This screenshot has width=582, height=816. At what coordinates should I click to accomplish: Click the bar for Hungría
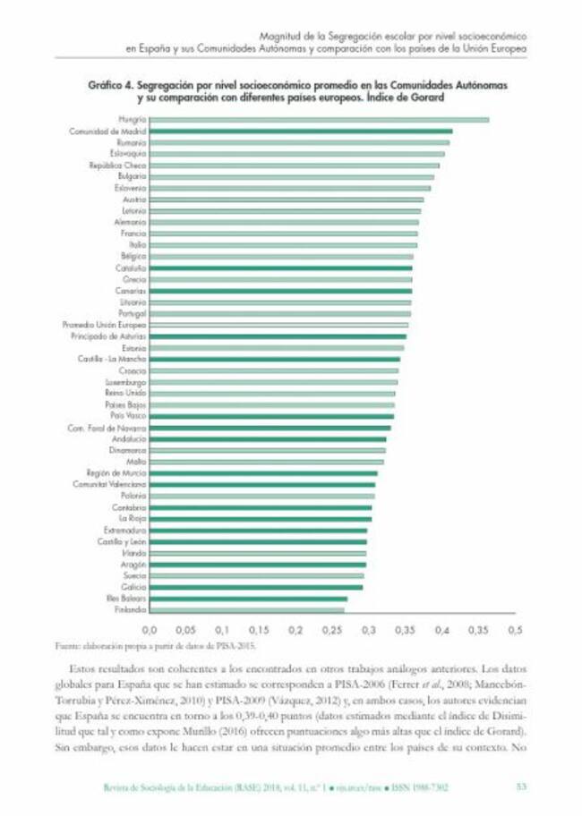(319, 119)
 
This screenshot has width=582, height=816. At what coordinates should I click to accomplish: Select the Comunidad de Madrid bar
(300, 131)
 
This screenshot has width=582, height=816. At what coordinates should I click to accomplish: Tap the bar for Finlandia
(247, 609)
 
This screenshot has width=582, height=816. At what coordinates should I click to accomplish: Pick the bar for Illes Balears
(248, 599)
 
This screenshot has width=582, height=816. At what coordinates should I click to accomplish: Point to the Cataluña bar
(280, 268)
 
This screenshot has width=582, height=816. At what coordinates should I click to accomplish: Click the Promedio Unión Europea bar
(278, 325)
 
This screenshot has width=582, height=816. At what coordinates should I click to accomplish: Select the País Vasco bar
(271, 416)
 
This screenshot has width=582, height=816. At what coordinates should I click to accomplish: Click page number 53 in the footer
(521, 787)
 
